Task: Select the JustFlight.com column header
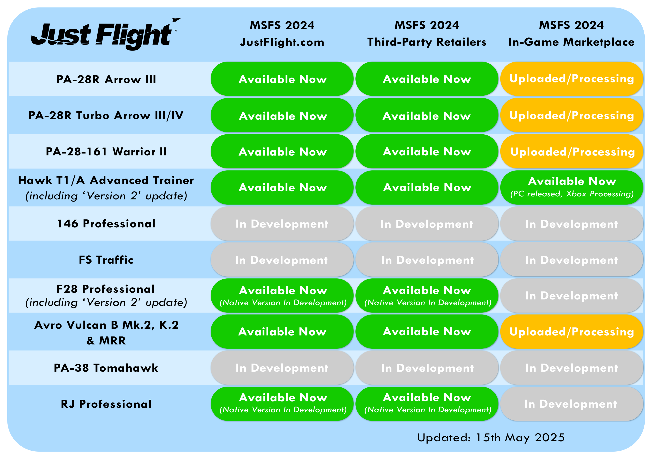tap(282, 34)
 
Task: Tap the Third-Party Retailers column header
tap(427, 34)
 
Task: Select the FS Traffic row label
tap(106, 260)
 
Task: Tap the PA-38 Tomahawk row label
tap(106, 368)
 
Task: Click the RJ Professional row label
tap(106, 404)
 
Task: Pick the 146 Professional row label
tap(106, 224)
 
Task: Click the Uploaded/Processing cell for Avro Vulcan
tap(572, 332)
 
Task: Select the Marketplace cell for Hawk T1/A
tap(572, 187)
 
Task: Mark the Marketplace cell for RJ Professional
tap(572, 404)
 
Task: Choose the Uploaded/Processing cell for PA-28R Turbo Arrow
tap(572, 115)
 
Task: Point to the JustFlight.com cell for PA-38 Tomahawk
tap(282, 368)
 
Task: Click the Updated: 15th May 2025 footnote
tap(491, 437)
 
